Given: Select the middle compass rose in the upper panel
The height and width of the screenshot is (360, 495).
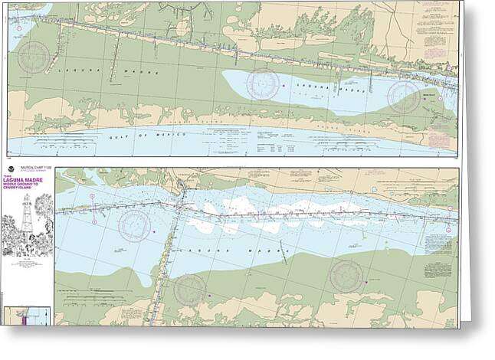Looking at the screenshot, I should click(263, 83).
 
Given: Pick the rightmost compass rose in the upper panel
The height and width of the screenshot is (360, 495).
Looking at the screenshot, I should click(404, 97).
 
